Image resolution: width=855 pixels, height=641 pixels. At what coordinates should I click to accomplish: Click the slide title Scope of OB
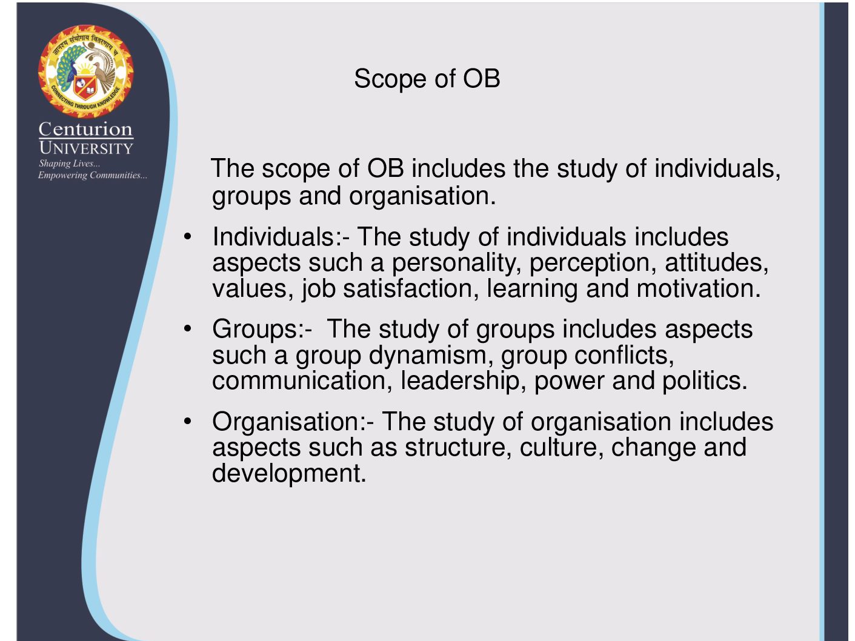427,79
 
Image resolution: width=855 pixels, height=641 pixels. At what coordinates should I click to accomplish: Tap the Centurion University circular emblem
85,71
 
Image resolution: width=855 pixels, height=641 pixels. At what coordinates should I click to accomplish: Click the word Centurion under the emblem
85,129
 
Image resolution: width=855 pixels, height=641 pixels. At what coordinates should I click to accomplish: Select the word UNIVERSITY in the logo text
86,148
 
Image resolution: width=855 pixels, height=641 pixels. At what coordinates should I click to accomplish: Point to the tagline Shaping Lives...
69,164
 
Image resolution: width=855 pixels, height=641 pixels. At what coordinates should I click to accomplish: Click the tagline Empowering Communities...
93,175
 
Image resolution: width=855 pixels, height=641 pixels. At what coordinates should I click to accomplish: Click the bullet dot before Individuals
187,236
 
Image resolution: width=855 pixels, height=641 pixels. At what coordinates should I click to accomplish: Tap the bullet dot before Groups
187,328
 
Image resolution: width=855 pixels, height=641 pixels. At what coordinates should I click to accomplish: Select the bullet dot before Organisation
187,421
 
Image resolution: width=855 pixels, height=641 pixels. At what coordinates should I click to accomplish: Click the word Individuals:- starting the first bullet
281,236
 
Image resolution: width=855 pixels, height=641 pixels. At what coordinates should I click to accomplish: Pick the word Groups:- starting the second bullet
262,330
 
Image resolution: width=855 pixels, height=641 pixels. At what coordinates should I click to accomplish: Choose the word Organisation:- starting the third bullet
293,422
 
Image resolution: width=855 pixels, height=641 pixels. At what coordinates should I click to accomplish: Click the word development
289,474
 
